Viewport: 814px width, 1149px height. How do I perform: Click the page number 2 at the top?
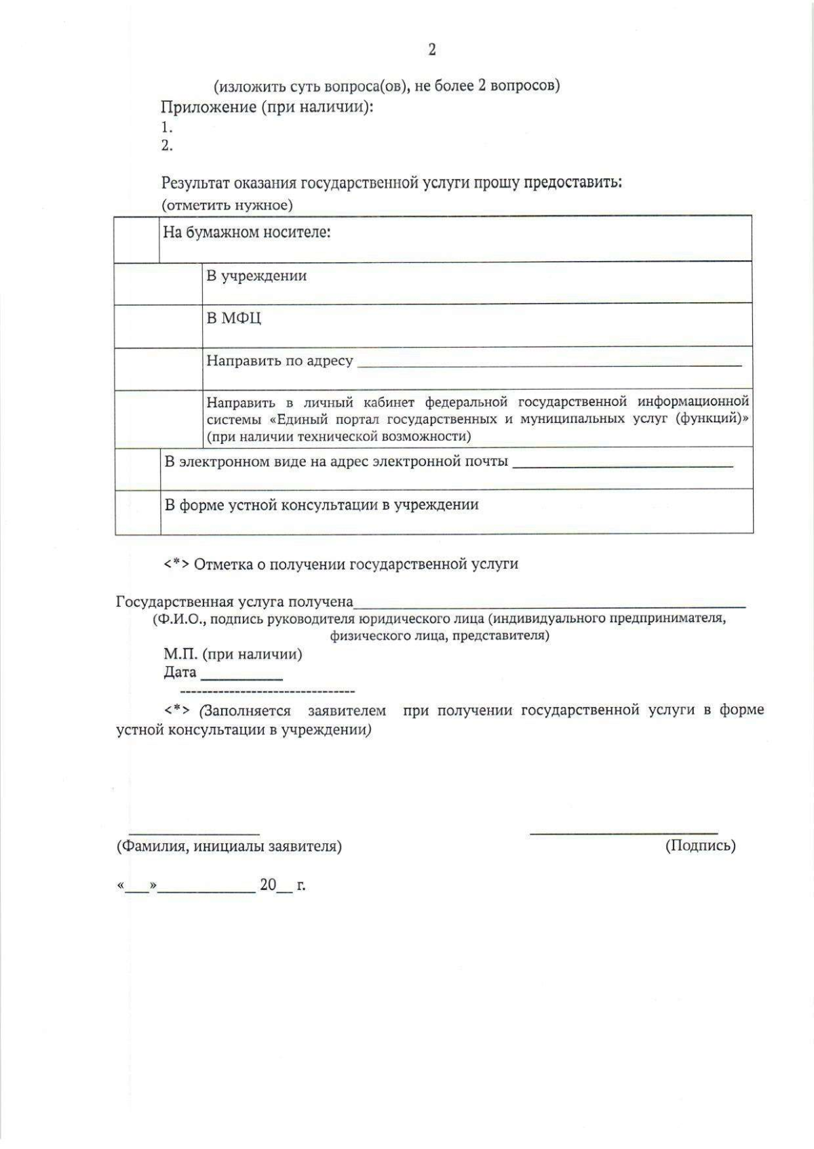432,49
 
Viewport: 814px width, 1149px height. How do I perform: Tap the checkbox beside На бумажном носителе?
137,239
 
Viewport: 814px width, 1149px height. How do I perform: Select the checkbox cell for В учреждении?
158,283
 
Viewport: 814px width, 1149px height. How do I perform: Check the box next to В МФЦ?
158,325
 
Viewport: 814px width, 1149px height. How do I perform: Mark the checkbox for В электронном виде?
138,468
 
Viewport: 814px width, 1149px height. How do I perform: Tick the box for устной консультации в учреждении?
138,512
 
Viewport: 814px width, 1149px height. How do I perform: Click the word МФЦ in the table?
241,319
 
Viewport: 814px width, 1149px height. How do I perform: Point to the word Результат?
195,183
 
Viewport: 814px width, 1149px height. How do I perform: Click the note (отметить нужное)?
227,205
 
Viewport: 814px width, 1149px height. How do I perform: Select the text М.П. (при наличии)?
233,654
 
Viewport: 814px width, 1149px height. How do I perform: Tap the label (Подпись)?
701,845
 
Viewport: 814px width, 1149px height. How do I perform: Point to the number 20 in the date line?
269,885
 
